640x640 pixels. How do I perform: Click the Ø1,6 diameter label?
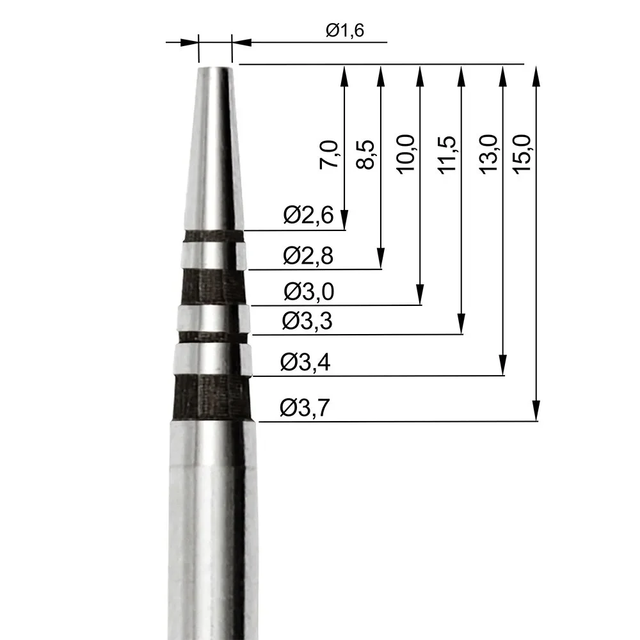[344, 31]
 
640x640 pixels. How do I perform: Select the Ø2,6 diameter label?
[308, 216]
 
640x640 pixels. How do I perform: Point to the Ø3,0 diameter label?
[308, 292]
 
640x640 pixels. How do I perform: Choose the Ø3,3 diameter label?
[307, 322]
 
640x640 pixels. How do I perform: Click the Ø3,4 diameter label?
[305, 364]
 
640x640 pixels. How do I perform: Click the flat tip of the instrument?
[214, 68]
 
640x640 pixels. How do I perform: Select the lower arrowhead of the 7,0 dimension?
[345, 221]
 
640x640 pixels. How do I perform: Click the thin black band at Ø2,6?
[214, 236]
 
